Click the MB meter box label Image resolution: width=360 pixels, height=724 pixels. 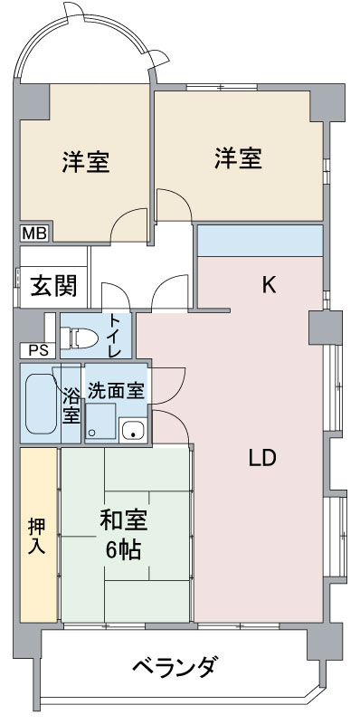pos(34,233)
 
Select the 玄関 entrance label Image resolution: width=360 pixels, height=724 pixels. pos(53,287)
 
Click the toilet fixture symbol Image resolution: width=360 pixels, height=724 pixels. pos(80,337)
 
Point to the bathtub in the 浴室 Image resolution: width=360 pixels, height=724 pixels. pos(41,403)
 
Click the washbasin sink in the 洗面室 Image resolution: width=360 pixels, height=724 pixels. pos(133,431)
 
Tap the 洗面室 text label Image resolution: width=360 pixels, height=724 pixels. pos(117,392)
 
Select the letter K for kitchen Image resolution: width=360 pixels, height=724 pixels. pos(269,286)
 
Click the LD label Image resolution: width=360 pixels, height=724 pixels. pos(262,458)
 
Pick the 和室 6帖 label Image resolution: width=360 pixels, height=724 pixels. pos(124,535)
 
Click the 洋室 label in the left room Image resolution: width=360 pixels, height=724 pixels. pos(86,162)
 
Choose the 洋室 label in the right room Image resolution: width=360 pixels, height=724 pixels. pos(238,158)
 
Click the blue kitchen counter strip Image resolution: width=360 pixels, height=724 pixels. pos(260,240)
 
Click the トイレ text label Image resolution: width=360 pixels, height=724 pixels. pos(115,335)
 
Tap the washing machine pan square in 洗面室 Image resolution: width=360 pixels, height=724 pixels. pos(100,421)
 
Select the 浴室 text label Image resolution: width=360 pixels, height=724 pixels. pos(71,405)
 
